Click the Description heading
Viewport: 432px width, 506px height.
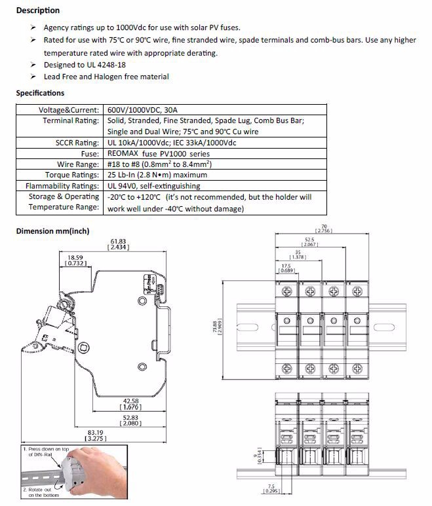pyautogui.click(x=37, y=10)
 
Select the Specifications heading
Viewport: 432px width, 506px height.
pyautogui.click(x=40, y=93)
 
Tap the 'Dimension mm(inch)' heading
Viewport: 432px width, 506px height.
pyautogui.click(x=52, y=231)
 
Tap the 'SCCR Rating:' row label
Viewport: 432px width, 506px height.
pyautogui.click(x=77, y=142)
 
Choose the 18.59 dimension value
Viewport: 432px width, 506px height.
pyautogui.click(x=75, y=258)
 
